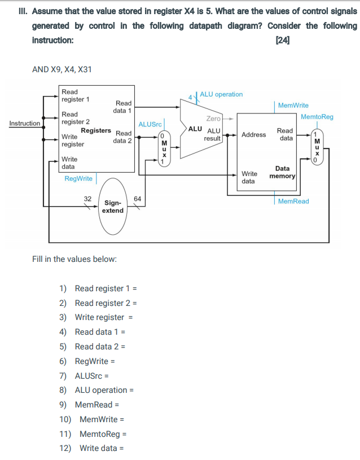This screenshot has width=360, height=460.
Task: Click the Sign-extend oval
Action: (x=113, y=207)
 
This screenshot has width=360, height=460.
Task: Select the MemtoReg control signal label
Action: (x=317, y=117)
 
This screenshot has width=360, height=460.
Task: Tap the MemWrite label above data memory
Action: (x=293, y=106)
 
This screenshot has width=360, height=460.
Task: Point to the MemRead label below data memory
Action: (x=293, y=201)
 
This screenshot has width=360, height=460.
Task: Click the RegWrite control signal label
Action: (x=78, y=178)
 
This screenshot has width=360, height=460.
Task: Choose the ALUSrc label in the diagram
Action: (x=150, y=124)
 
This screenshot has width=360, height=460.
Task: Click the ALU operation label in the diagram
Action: (x=221, y=94)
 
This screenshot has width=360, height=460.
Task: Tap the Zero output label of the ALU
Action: (x=213, y=119)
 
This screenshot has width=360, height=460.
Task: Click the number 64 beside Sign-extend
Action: (x=137, y=198)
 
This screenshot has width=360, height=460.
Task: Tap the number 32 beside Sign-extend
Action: (x=87, y=198)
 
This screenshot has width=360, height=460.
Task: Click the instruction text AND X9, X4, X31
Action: (x=62, y=69)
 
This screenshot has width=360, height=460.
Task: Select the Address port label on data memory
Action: (x=253, y=135)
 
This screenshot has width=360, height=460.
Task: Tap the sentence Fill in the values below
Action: (x=74, y=259)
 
